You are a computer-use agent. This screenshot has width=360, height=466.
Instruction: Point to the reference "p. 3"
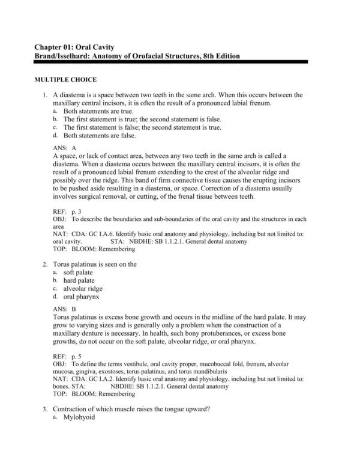coord(79,212)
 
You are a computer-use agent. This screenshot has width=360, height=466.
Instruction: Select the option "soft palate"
coord(78,272)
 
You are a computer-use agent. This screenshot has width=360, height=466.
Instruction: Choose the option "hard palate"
coord(79,280)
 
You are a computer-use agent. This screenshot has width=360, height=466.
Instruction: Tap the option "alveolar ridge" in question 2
coord(83,288)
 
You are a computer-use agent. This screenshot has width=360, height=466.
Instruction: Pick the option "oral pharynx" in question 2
coord(82,297)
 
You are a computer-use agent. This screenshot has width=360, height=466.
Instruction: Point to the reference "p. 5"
coord(79,356)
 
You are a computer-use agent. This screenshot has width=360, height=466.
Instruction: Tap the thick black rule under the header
coord(179,62)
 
